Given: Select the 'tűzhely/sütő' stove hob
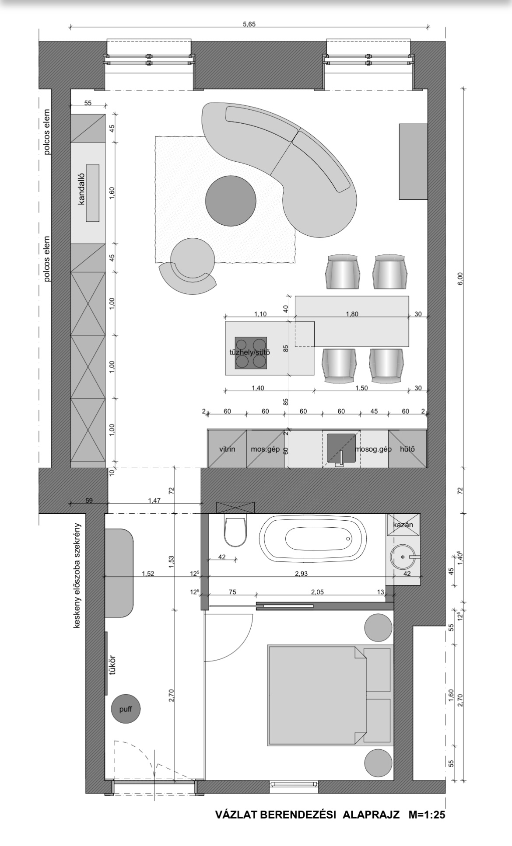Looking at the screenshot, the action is pos(251,353).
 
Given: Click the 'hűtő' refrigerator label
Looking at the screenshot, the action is pos(407,449).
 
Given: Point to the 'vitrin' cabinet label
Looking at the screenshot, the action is pos(227,449).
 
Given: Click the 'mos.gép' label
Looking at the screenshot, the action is pos(265,449).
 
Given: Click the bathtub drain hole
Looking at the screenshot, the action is pos(348,538).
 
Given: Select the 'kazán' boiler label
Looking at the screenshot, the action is pos(403,525).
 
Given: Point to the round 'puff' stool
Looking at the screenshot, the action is pos(126,709).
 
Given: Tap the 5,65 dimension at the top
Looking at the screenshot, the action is pos(249,24).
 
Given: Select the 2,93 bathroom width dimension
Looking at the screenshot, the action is pos(302,574).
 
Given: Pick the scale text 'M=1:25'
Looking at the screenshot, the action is pos(427,815).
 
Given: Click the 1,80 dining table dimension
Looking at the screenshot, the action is pos(352,314).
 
